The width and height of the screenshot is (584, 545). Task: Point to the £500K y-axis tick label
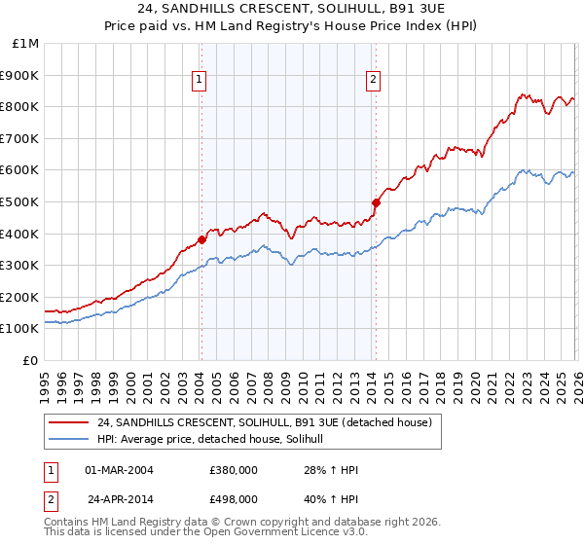point(20,202)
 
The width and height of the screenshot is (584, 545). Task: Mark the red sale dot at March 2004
point(201,239)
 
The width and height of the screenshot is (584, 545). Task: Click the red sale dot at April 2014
point(375,202)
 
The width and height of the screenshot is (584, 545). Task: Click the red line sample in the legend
point(70,422)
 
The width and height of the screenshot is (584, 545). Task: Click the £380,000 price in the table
point(234,470)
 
